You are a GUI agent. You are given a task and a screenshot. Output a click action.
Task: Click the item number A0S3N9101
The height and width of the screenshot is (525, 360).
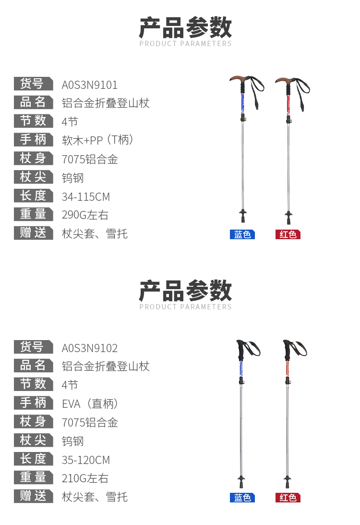coord(90,85)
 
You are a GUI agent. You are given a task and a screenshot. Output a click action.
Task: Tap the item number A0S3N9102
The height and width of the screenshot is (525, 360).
coord(90,348)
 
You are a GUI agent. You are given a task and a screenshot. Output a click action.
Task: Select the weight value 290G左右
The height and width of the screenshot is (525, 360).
coord(85,215)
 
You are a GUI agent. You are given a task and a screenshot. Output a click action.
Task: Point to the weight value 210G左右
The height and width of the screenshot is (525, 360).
coord(85,478)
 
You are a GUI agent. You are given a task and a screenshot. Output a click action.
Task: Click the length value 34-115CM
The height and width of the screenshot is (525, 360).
coord(86,196)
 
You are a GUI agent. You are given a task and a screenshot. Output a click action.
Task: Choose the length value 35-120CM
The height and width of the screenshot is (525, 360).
coord(86,460)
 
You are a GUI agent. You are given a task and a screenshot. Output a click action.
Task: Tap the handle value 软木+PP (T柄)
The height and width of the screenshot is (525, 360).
coord(97,140)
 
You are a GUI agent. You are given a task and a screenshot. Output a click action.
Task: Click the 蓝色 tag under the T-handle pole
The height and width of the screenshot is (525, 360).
coord(242,234)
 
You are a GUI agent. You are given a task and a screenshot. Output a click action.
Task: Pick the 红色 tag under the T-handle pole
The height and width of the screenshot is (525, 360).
coord(288,234)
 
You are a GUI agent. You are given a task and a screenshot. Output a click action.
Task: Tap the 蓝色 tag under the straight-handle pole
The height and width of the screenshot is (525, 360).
coord(242,498)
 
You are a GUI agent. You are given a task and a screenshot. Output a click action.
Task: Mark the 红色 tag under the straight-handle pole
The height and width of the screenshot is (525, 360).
coord(288,498)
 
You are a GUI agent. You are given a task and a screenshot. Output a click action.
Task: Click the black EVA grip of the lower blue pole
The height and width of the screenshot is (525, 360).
coord(241,351)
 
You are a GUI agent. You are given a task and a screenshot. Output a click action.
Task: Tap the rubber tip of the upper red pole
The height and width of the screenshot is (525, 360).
coord(288,220)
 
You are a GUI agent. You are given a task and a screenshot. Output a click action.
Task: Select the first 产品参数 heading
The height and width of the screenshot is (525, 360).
coord(185,28)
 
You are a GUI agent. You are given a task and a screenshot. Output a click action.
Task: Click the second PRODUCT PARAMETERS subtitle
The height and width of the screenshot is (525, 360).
coord(185,307)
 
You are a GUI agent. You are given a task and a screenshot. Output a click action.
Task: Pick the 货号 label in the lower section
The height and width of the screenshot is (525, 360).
coord(33,347)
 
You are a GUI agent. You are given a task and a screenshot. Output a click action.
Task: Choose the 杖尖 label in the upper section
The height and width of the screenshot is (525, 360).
coord(33,177)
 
